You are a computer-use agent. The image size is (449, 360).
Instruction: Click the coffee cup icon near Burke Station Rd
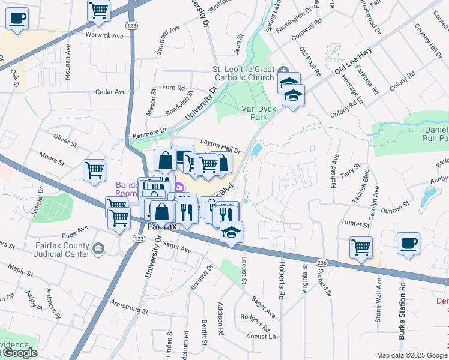click(408, 244)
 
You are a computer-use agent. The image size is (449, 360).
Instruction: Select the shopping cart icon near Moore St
click(94, 170)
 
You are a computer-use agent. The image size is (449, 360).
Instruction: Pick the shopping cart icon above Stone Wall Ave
click(361, 247)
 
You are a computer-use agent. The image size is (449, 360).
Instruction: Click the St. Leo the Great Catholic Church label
click(243, 73)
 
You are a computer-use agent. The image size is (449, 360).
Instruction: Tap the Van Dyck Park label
click(254, 113)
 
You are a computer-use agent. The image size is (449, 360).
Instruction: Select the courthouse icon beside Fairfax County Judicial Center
click(98, 248)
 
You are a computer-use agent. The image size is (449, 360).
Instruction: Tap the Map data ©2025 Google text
click(411, 355)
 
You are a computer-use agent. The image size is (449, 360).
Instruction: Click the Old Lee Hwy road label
click(353, 62)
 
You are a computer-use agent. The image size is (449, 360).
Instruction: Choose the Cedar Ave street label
click(111, 92)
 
